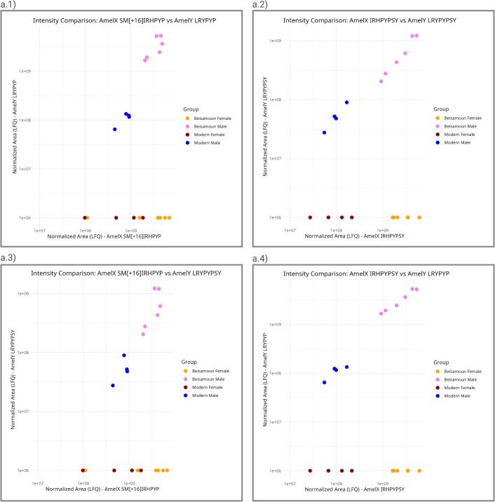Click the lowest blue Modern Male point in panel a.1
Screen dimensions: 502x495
[115, 129]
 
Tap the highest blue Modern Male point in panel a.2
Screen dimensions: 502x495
[346, 102]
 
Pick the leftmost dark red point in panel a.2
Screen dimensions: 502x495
[310, 217]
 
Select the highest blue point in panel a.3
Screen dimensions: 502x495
[124, 355]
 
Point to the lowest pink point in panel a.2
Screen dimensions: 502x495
[381, 81]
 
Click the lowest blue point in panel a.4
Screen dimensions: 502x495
[324, 382]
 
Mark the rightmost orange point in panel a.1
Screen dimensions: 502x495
[169, 217]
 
